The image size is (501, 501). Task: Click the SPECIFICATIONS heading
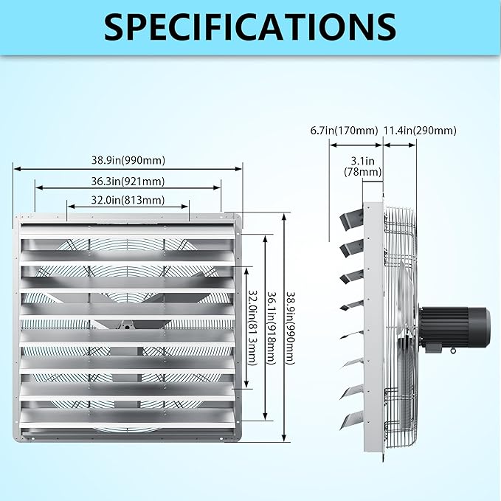point(250,27)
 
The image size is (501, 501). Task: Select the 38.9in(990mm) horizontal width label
point(128,160)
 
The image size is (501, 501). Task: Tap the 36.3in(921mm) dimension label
point(128,182)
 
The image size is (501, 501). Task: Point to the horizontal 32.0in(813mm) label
point(128,201)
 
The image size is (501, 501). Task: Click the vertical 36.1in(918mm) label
point(272,328)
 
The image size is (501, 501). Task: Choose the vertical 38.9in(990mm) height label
point(290,328)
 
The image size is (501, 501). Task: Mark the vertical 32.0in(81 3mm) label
point(252,328)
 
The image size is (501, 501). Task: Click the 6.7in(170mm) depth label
point(344,131)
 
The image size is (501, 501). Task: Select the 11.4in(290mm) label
point(420,131)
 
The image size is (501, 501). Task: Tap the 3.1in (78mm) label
point(362,166)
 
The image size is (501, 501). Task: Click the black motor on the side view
point(455,328)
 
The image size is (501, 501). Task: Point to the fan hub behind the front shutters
point(127,326)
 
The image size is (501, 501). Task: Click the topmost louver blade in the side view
point(352,218)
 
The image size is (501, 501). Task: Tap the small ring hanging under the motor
point(453,351)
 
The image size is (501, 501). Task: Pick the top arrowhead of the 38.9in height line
point(284,217)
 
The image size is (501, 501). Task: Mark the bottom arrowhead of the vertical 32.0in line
point(246,384)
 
